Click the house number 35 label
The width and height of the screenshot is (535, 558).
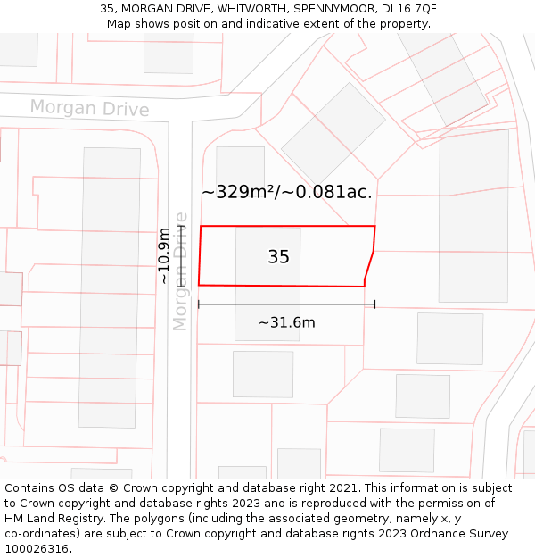(278, 257)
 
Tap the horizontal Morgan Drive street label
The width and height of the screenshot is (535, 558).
(89, 108)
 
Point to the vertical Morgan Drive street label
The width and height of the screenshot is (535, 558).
(181, 271)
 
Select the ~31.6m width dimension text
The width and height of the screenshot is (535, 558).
(286, 322)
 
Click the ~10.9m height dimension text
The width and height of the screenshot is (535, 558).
(163, 256)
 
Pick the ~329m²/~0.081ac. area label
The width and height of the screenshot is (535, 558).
(286, 191)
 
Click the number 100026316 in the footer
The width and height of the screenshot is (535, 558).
(37, 549)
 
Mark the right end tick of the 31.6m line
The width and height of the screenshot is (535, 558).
(374, 304)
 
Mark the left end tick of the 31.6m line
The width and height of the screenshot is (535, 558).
(199, 304)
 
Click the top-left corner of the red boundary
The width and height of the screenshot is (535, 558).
(201, 226)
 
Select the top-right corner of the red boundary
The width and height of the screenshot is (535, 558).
(375, 226)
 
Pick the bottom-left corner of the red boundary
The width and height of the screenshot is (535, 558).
(198, 285)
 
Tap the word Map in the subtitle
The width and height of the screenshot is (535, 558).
(119, 24)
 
